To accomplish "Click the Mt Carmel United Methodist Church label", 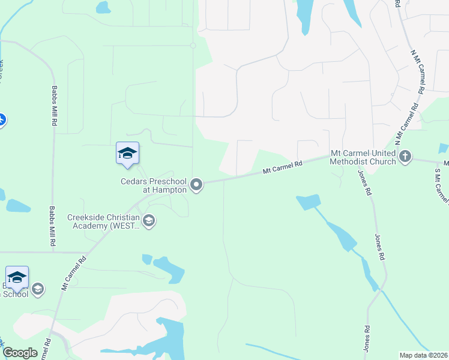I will [x=363, y=157].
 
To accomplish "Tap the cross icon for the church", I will [x=405, y=157].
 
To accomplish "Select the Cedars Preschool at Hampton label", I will [x=154, y=185].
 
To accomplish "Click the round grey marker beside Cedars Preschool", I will [x=197, y=185].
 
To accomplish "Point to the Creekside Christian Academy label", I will [x=103, y=221].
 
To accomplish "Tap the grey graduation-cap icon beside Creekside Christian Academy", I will [x=149, y=221].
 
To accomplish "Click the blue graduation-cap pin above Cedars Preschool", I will [x=127, y=154].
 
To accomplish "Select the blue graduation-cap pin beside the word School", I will [x=17, y=278].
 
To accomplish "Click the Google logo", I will [x=20, y=353].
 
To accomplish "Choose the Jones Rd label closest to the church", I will [x=364, y=182].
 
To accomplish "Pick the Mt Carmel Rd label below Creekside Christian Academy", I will [x=73, y=272].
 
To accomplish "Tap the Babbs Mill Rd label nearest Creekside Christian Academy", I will [x=53, y=227].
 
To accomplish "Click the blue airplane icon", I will [x=1, y=120].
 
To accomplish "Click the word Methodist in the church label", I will [x=363, y=161].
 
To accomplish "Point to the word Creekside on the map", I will [x=88, y=217].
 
